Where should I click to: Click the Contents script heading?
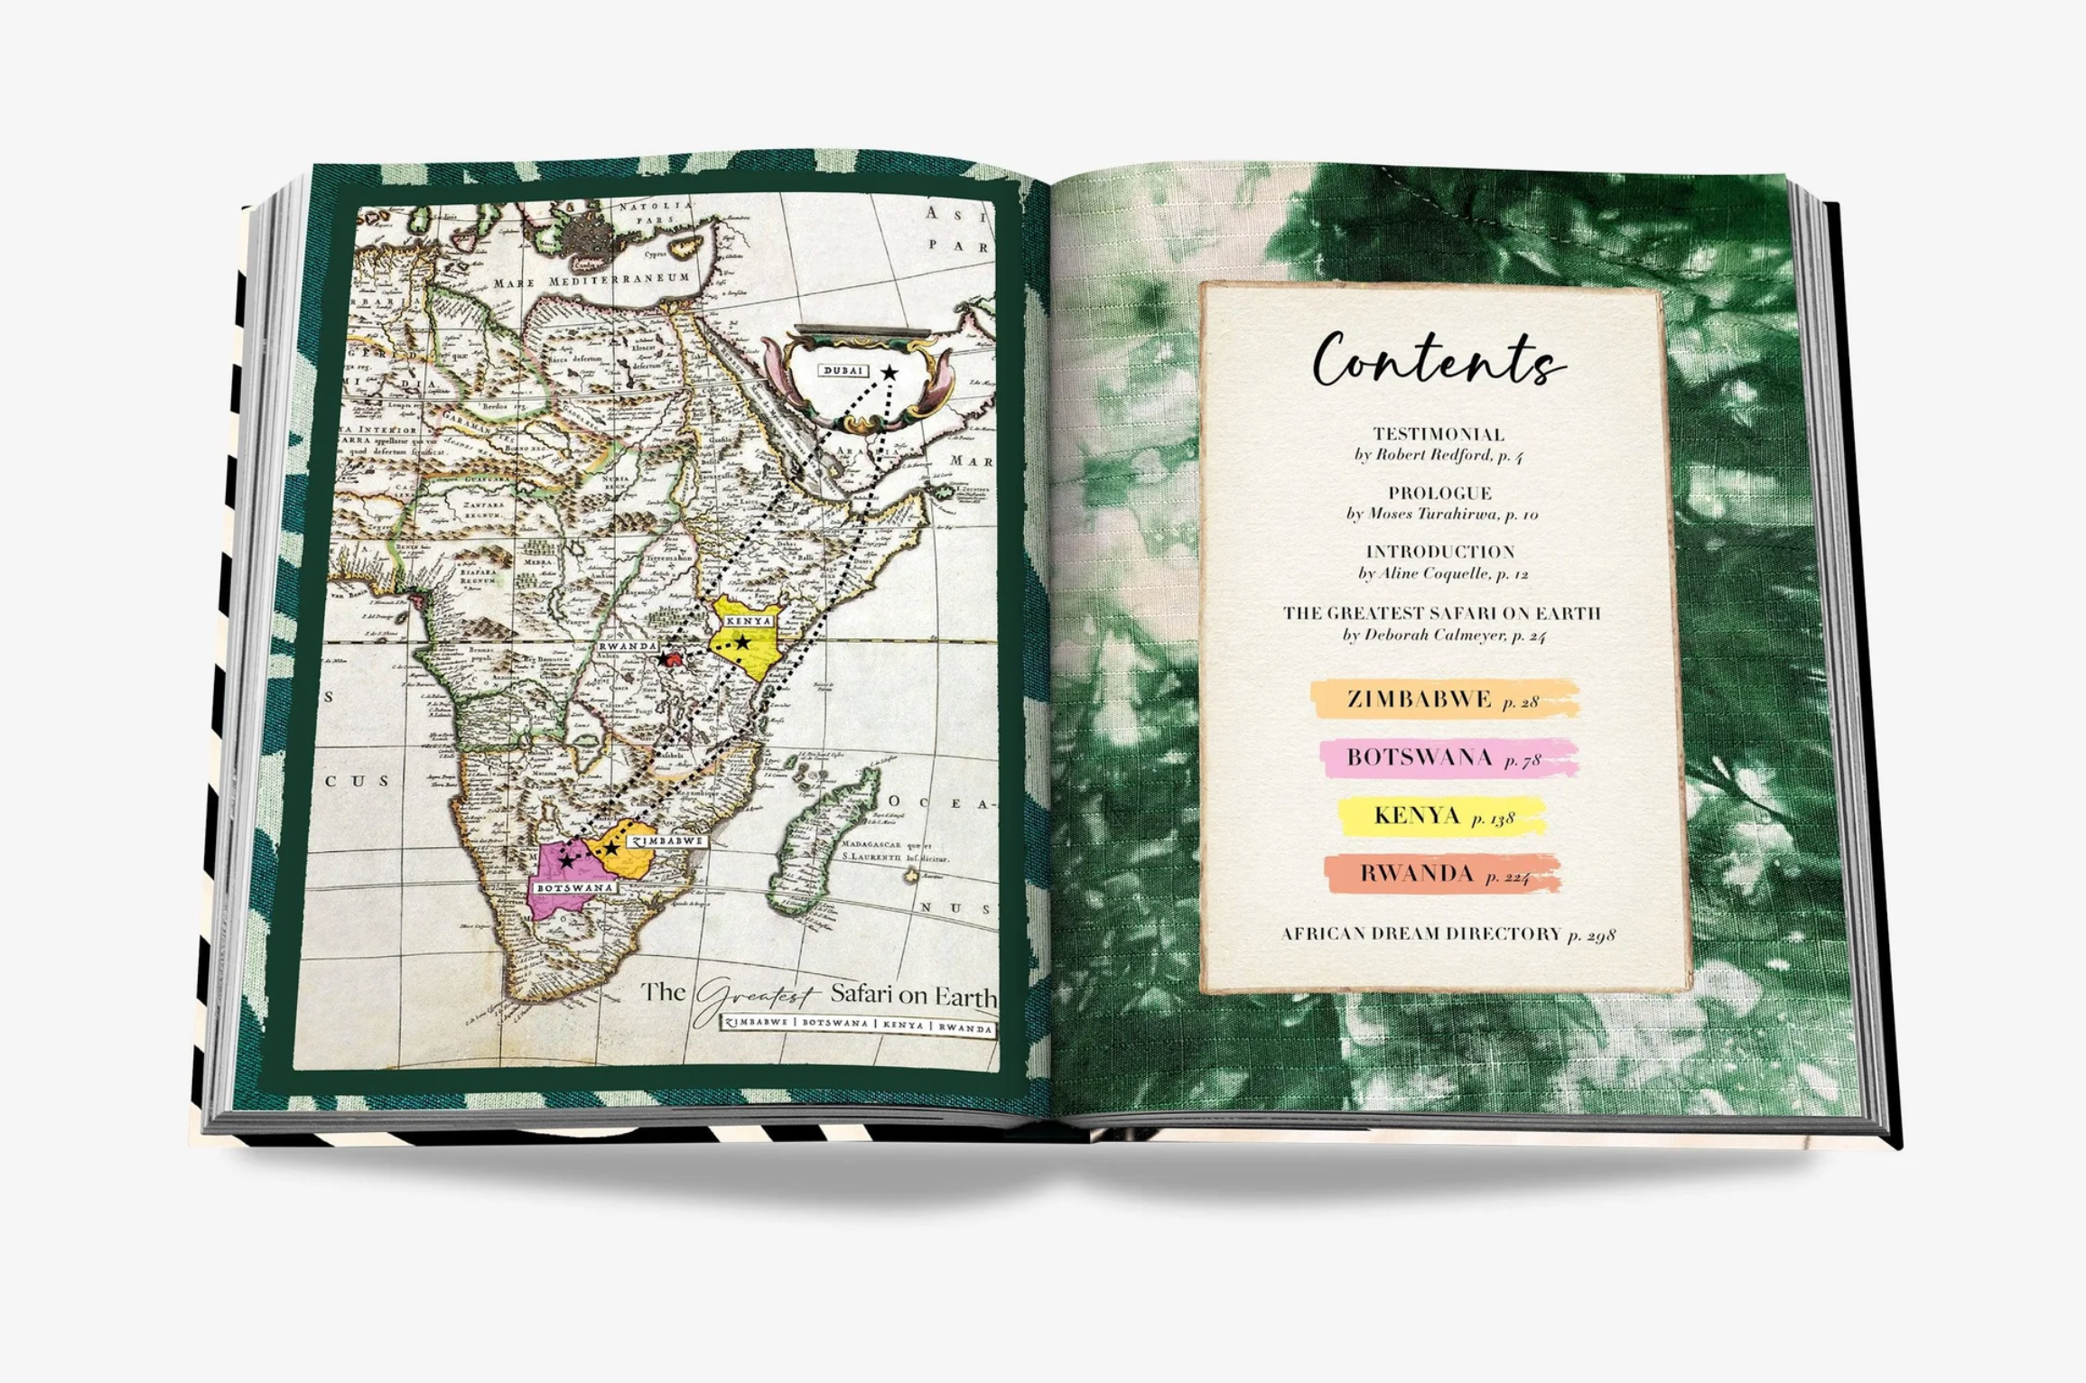1438,361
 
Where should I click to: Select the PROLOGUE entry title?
1439,493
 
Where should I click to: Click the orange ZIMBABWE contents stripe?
1443,700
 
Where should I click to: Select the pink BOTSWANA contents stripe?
1448,757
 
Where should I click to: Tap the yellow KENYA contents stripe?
1441,816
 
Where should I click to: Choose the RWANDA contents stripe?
1442,874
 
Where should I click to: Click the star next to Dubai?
889,372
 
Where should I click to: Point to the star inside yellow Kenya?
742,643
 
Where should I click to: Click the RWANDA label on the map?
629,646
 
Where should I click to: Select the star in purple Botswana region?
566,861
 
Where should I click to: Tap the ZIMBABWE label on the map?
666,840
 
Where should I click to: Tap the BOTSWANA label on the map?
574,888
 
